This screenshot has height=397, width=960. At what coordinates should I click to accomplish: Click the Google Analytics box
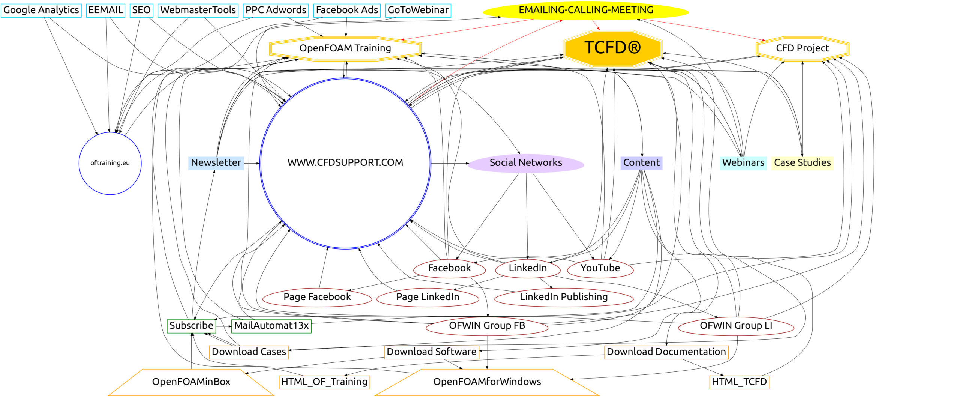click(41, 10)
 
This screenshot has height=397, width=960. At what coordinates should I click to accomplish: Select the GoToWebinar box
click(418, 10)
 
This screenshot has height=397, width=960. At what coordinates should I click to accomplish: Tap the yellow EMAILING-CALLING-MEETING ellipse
click(585, 11)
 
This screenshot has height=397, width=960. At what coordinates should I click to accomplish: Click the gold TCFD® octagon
click(612, 48)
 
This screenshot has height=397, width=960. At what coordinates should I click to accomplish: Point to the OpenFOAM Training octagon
click(345, 48)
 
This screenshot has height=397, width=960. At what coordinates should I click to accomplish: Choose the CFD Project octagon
click(802, 48)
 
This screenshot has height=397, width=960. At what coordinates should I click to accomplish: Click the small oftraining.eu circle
click(110, 163)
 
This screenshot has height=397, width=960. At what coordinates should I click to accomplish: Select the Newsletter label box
click(216, 163)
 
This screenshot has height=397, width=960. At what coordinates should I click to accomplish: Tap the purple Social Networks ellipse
click(525, 163)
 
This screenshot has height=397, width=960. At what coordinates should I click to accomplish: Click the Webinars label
click(743, 163)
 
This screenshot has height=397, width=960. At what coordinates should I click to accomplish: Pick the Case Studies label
click(802, 163)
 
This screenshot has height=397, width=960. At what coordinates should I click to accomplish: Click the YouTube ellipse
click(600, 268)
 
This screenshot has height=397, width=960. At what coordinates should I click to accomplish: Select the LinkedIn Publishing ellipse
click(563, 297)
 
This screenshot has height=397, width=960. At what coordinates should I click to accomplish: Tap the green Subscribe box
click(191, 326)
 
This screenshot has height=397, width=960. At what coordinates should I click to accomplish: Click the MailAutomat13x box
click(271, 326)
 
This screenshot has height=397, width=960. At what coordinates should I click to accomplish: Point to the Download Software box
click(431, 352)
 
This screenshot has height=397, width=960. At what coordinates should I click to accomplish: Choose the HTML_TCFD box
click(739, 382)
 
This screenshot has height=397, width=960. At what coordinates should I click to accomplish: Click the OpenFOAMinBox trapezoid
click(191, 382)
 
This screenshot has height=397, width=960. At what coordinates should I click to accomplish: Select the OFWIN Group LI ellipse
click(736, 326)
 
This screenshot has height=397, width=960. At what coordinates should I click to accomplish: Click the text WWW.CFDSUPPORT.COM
click(345, 163)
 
